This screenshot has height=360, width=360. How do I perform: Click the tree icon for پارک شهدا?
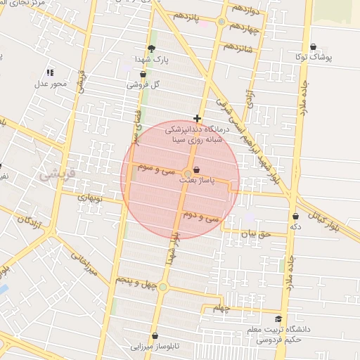coord(151,49)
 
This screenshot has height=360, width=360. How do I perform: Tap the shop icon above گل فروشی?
coord(143,74)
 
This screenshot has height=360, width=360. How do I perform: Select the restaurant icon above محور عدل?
coord(50,72)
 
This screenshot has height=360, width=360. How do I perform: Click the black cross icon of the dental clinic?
coord(197,118)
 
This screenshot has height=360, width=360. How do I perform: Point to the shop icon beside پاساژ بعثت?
coord(196,170)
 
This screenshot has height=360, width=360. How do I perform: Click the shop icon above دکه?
coord(295,216)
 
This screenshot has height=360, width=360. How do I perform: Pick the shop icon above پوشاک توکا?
coord(313,46)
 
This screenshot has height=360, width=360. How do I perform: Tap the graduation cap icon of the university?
coord(279,318)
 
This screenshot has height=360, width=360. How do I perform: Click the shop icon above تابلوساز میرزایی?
coord(155,336)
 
